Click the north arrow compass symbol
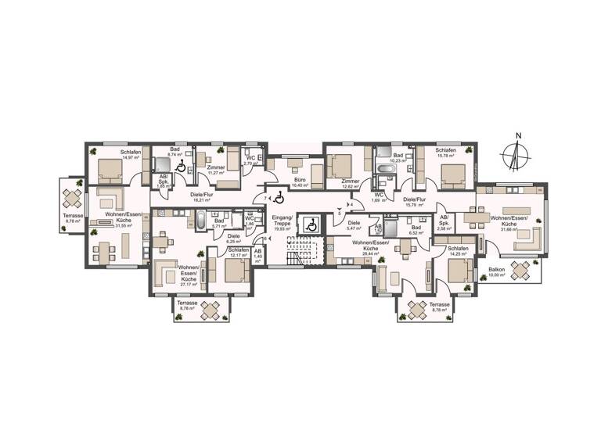pos(515,153)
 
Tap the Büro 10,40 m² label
pos(300,182)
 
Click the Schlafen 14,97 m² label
pos(131,154)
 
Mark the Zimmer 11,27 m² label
pos(216,173)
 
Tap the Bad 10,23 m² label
pos(398,159)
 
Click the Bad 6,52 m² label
pos(416,230)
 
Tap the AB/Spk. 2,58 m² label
pos(443,222)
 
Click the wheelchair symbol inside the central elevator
pos(310,224)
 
